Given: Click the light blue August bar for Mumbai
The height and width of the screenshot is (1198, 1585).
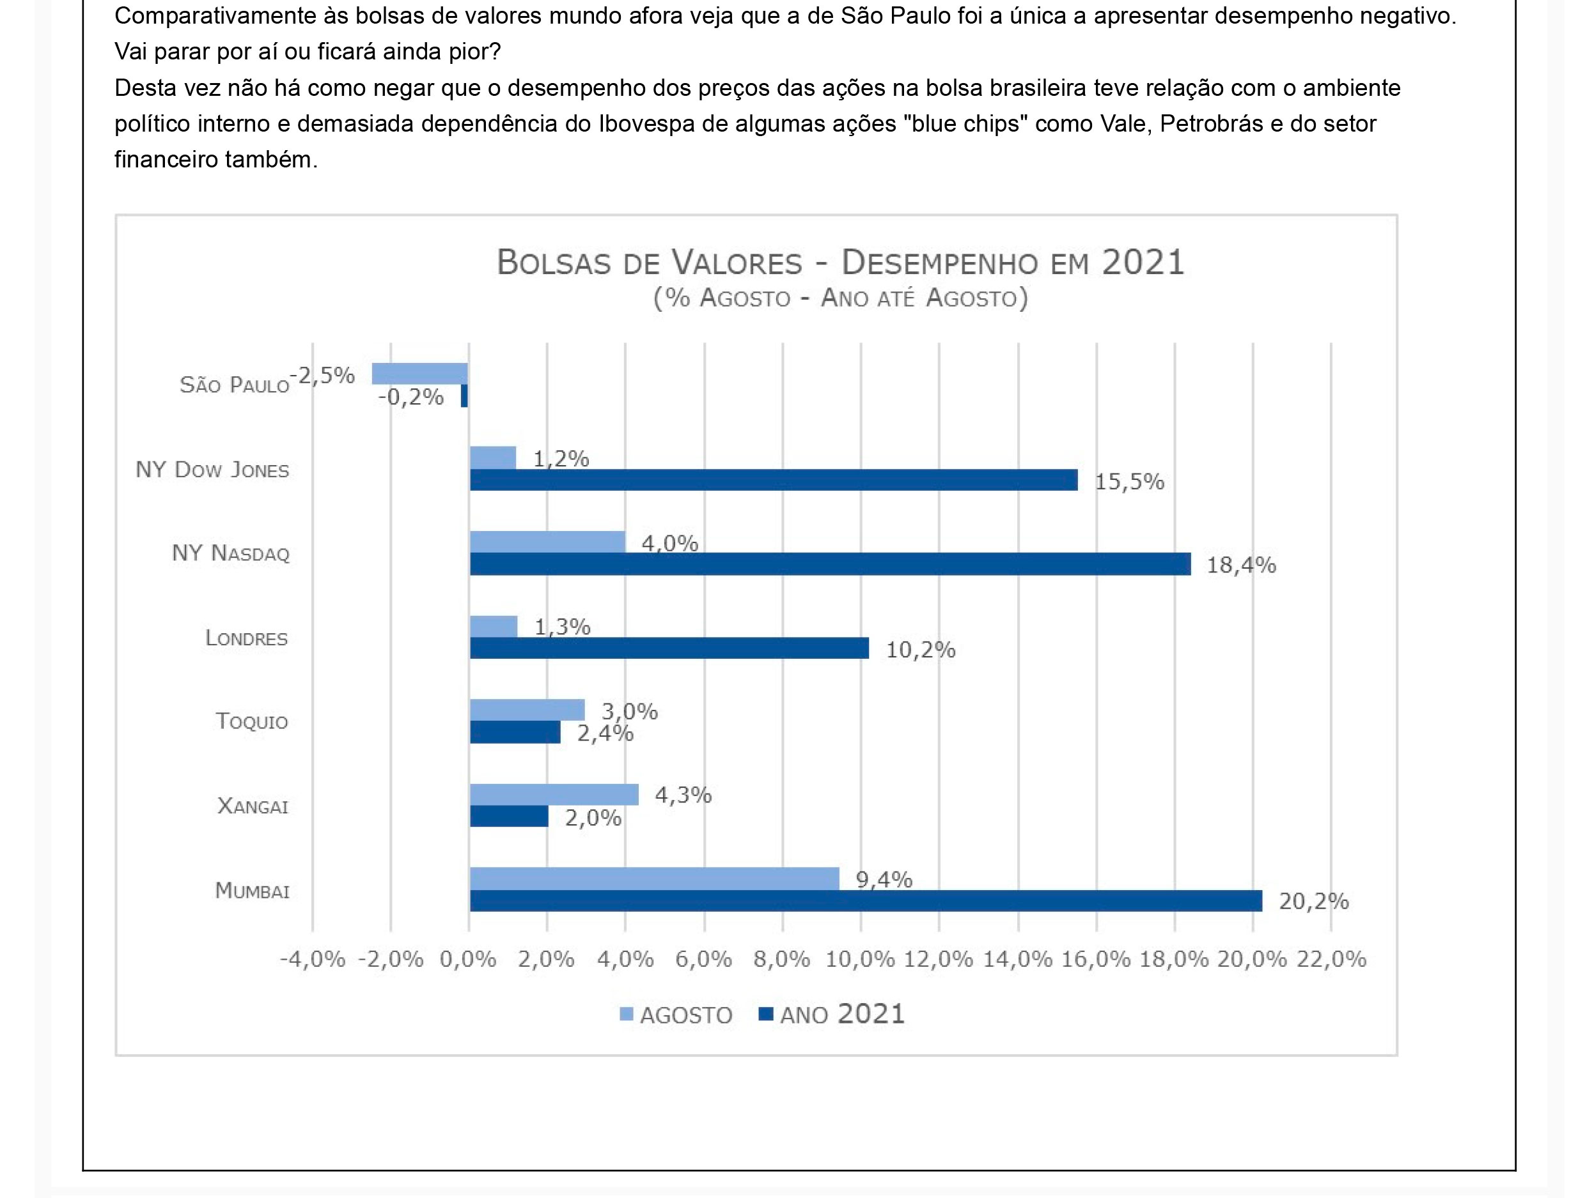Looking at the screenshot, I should tap(653, 878).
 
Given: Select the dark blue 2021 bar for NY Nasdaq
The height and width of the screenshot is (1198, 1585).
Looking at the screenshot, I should tap(830, 564).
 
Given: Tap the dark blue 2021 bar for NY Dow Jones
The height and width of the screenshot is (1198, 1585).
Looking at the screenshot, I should tap(773, 480).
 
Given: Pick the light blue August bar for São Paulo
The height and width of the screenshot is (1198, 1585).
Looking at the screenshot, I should tap(419, 374).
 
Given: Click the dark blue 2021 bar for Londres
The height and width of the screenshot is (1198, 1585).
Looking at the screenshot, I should tap(669, 648).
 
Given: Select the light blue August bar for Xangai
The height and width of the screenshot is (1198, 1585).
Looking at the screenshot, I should tap(554, 794).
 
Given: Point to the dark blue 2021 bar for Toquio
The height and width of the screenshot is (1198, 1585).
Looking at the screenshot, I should tap(515, 732).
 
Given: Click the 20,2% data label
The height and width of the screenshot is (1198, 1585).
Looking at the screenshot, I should tap(1313, 902).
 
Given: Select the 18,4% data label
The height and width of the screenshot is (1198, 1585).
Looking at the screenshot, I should tap(1241, 565).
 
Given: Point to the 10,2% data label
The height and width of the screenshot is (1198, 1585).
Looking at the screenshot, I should tap(921, 650).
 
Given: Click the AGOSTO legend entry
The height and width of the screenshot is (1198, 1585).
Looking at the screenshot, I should tap(676, 1015).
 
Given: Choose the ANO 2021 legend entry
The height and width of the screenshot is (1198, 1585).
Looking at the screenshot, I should tap(832, 1015).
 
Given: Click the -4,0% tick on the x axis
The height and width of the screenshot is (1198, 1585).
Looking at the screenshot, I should tap(313, 960).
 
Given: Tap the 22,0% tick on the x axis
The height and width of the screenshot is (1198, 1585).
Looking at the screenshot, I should tap(1331, 960).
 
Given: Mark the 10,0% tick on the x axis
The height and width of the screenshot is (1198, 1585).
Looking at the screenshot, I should tap(860, 960).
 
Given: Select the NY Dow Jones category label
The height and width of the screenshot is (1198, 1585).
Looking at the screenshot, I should tap(212, 470).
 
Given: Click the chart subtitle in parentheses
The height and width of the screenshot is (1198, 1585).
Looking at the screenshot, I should tap(841, 298).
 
